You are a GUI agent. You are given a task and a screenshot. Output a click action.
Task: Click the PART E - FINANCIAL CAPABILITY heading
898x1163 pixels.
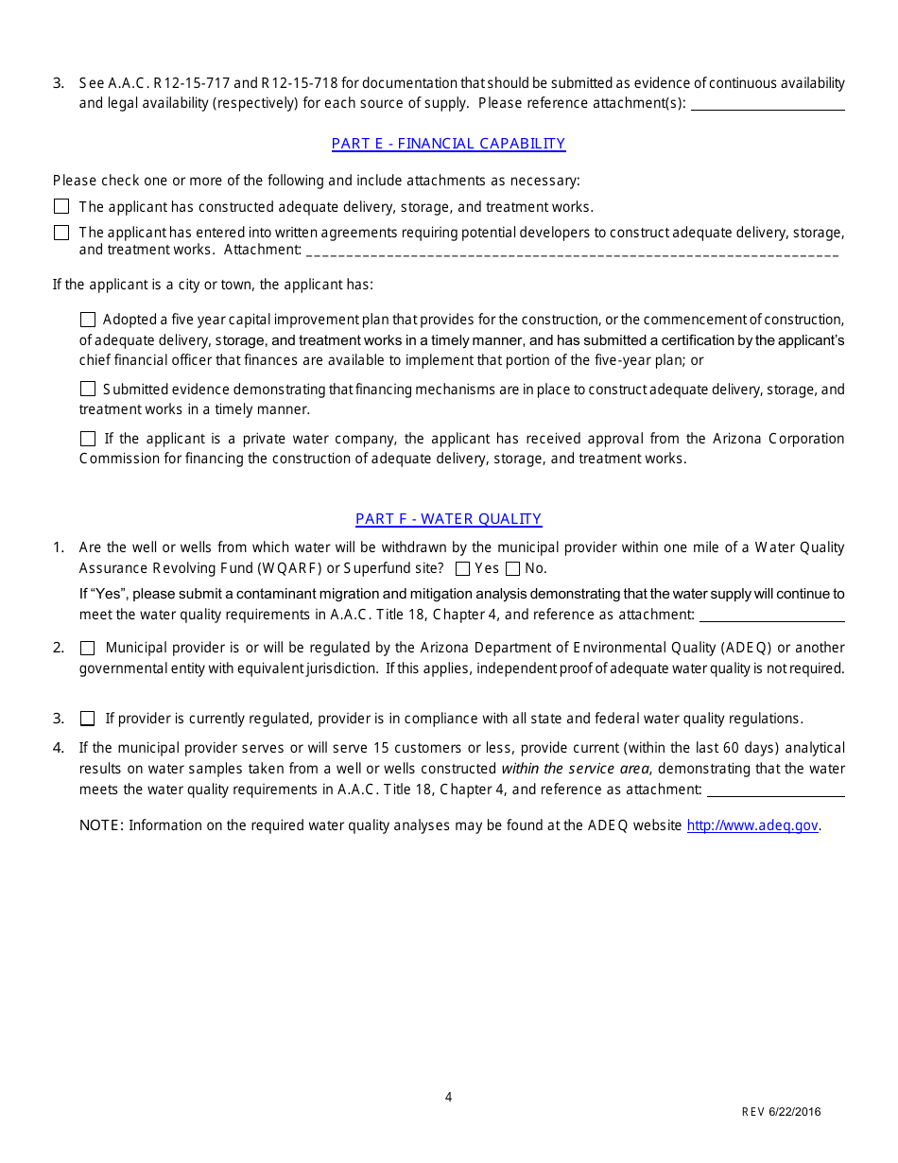pos(448,144)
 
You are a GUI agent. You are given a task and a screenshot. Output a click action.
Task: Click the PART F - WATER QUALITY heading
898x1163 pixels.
pos(448,519)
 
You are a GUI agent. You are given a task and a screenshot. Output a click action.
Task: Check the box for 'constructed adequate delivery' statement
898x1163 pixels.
pos(61,206)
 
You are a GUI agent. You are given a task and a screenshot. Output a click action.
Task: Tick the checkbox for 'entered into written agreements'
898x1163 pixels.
pos(61,233)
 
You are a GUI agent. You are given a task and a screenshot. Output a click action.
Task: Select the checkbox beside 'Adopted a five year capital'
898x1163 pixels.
pos(88,320)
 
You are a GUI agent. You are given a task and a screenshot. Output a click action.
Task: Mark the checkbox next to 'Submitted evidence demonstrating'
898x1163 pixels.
pos(88,389)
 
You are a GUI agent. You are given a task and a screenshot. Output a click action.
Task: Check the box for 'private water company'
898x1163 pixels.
pos(88,439)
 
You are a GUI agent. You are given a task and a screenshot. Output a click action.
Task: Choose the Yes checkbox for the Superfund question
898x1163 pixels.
pos(462,568)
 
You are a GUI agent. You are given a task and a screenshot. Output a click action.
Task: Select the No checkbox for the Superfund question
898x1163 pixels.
pos(512,568)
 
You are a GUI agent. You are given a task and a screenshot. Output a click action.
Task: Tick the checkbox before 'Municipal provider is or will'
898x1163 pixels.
pos(88,648)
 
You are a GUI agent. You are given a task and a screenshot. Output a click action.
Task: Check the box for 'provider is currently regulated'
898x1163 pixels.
pos(88,719)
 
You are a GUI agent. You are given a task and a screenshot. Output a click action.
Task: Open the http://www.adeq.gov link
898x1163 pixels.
pos(752,825)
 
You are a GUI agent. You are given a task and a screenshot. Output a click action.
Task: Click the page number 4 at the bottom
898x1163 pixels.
pos(448,1097)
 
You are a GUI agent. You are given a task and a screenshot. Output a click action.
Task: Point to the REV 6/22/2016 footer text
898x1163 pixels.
pos(781,1112)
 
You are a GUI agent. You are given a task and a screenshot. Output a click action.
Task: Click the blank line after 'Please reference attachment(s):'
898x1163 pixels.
pos(768,104)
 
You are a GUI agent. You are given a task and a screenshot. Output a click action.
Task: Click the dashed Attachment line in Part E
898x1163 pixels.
pos(573,251)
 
